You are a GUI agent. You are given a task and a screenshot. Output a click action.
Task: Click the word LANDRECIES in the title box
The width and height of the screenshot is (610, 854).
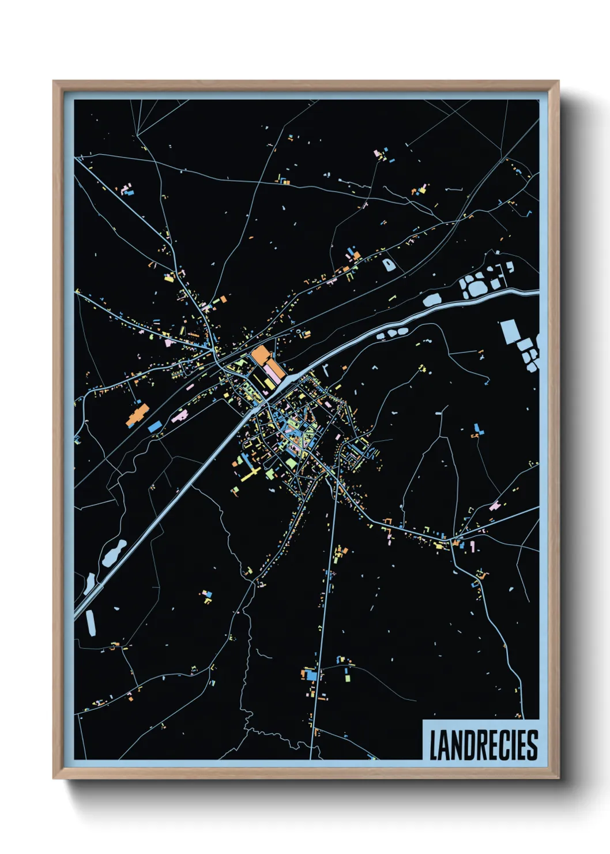click(483, 745)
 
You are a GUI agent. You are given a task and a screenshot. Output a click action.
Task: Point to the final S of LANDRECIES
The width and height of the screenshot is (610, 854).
click(532, 745)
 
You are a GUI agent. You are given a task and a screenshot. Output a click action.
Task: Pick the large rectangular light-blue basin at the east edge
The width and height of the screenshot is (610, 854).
click(509, 332)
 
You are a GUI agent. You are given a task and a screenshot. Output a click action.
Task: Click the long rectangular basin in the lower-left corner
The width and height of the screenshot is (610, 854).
click(91, 623)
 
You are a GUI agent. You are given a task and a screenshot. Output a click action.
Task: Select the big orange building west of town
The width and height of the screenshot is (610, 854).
click(137, 414)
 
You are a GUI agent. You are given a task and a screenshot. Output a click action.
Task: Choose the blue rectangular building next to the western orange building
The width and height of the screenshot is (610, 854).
click(155, 426)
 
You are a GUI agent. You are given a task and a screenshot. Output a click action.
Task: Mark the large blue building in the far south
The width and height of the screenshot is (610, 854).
click(312, 675)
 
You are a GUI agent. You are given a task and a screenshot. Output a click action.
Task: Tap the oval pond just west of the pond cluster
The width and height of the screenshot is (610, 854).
click(431, 299)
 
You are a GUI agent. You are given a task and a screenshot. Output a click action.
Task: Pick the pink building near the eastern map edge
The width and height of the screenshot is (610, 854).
click(495, 506)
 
